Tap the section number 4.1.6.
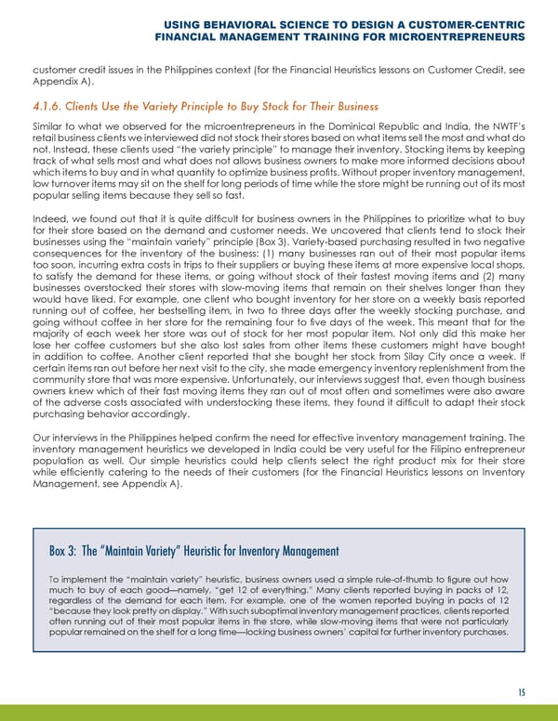(50, 108)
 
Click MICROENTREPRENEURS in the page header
(445, 38)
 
